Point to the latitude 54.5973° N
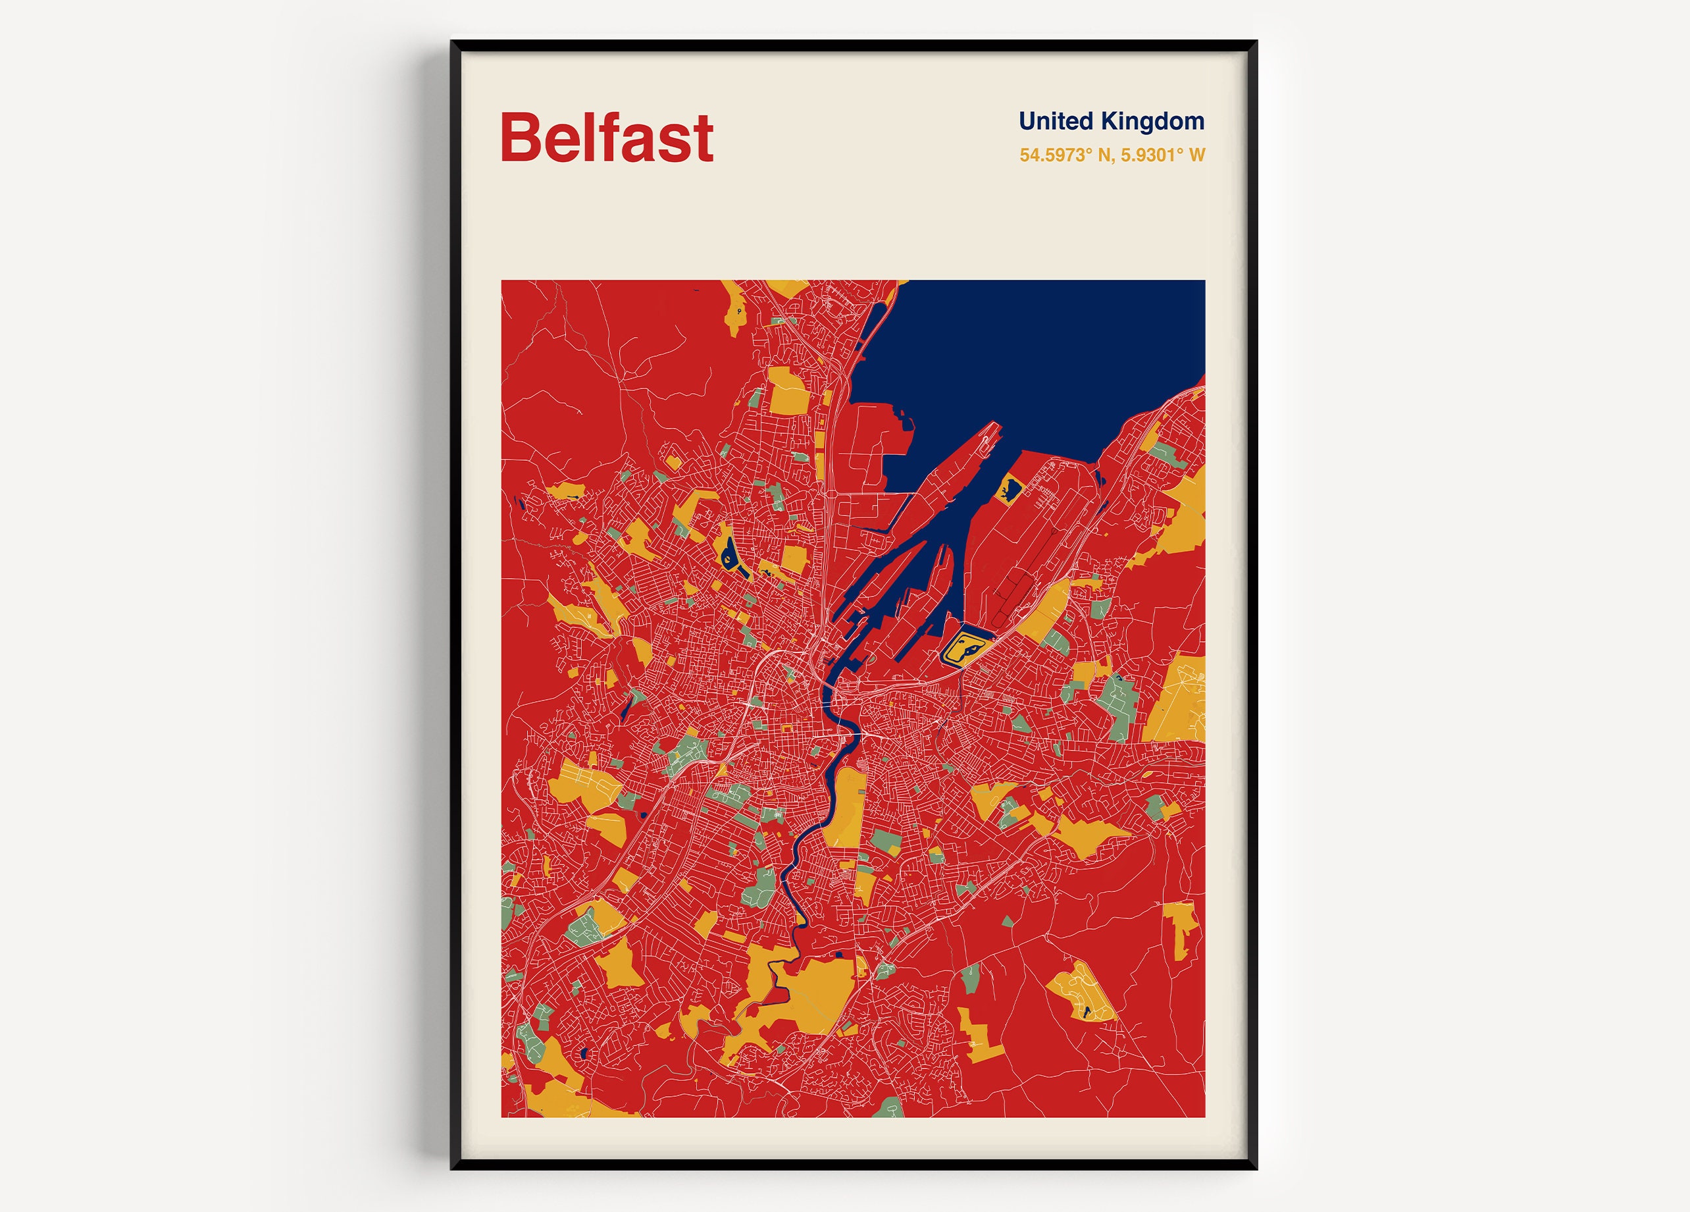[x=1065, y=155]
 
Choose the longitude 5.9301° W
[x=1162, y=155]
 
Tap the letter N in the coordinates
[x=1104, y=155]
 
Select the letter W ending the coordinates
[x=1196, y=155]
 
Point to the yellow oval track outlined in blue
[x=965, y=647]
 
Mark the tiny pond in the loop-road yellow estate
[x=1087, y=1011]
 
